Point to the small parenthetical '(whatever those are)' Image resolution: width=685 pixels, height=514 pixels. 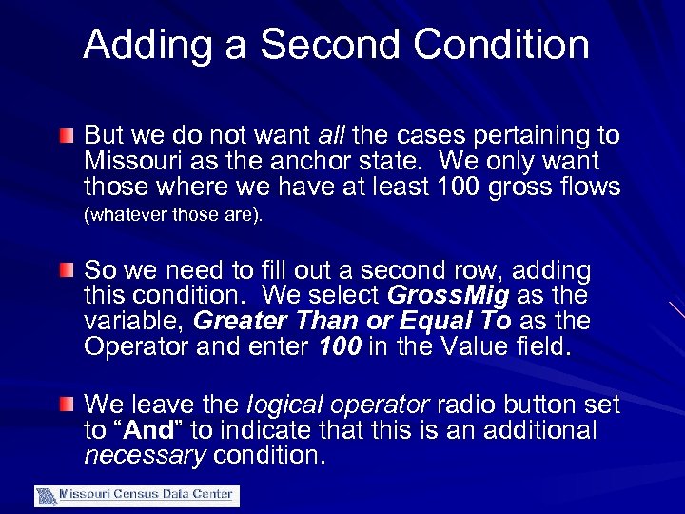tap(173, 215)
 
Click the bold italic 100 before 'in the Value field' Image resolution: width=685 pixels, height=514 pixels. tap(339, 346)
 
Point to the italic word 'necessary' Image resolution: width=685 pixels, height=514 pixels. tap(145, 455)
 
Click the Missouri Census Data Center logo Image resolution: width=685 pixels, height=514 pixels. tap(137, 495)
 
